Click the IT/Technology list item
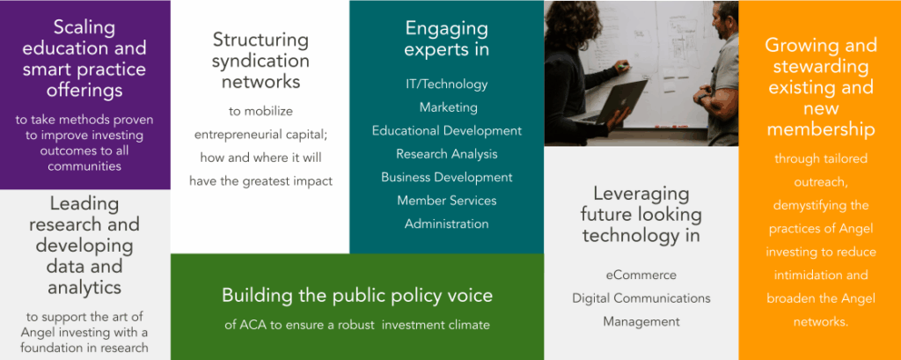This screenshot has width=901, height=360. click(446, 84)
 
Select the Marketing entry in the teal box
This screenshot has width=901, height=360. click(448, 107)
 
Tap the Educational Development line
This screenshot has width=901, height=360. click(446, 130)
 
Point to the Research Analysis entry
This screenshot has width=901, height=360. click(446, 154)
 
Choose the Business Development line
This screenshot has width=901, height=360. click(446, 177)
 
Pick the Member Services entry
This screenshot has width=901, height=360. click(446, 200)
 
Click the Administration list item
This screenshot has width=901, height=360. click(446, 224)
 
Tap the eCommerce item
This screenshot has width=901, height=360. click(641, 275)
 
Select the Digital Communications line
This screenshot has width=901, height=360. click(641, 298)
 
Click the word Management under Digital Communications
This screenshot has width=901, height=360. click(641, 321)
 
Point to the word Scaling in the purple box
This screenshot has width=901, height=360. click(84, 27)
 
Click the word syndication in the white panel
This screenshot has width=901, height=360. click(260, 61)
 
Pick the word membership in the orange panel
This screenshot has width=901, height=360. click(821, 129)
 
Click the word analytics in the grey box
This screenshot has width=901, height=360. click(84, 287)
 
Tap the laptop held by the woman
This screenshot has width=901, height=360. click(613, 102)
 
